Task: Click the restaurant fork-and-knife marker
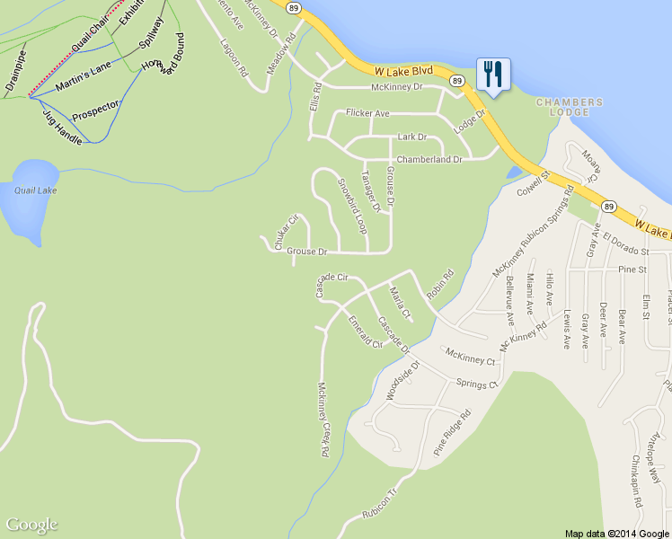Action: click(x=492, y=74)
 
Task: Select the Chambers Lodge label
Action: click(x=563, y=107)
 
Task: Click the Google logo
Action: click(x=31, y=525)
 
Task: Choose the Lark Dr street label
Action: click(x=411, y=137)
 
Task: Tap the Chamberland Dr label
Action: click(x=429, y=159)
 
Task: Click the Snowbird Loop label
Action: click(x=352, y=206)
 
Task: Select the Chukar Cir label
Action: click(x=286, y=233)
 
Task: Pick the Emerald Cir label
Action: click(x=366, y=331)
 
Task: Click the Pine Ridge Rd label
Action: click(x=452, y=434)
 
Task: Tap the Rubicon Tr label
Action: click(x=379, y=504)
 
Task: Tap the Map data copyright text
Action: click(x=617, y=533)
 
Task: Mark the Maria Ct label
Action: click(x=400, y=303)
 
